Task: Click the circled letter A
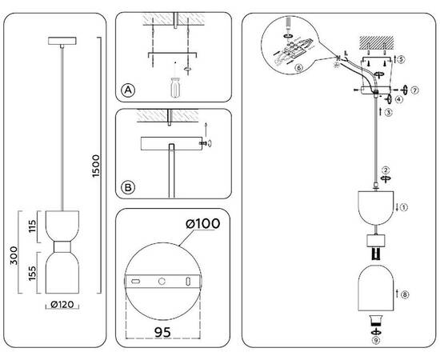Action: (x=127, y=90)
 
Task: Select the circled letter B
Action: (x=127, y=189)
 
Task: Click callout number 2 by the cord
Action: (x=385, y=170)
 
